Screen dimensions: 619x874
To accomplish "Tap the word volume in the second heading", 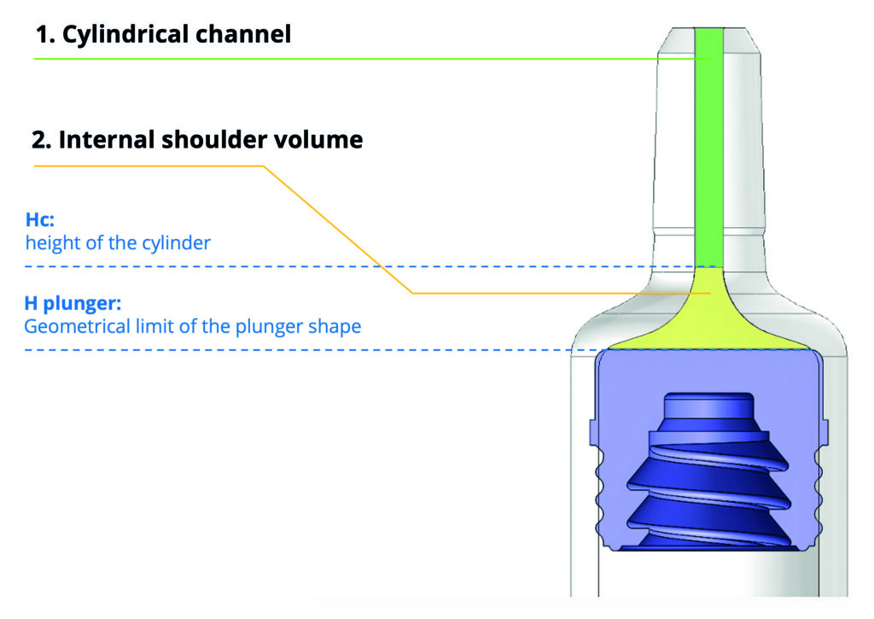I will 323,139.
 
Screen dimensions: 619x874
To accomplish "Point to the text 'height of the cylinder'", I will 118,243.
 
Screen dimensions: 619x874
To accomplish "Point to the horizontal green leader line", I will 341,59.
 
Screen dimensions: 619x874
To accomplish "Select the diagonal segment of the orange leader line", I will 337,229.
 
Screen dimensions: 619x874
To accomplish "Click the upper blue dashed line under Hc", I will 341,267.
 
